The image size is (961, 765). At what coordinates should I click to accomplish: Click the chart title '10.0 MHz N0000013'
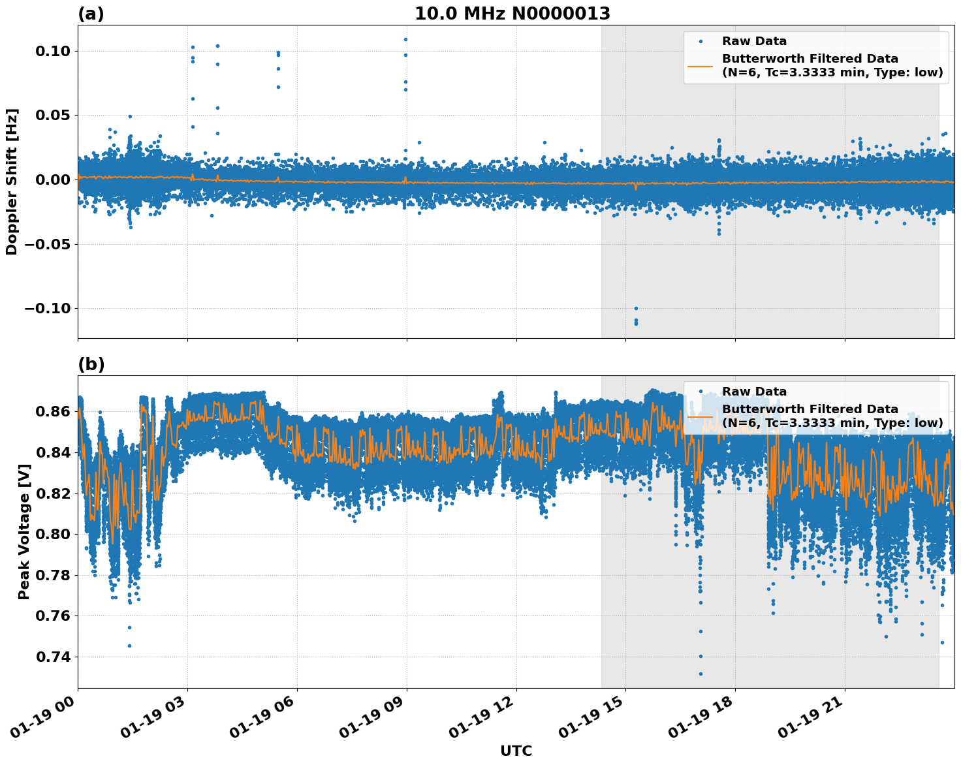coord(512,14)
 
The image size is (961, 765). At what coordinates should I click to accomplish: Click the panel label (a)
coord(91,14)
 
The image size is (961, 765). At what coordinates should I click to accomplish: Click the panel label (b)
coord(91,364)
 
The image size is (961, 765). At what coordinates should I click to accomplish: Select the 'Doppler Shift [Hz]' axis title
coord(12,181)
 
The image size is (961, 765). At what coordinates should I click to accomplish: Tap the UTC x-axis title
coord(516,751)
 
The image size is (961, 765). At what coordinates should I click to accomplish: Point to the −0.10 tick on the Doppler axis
coord(50,308)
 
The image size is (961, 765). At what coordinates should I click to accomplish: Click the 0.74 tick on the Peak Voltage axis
coord(55,657)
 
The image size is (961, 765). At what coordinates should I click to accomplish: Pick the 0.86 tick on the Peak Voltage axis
coord(55,411)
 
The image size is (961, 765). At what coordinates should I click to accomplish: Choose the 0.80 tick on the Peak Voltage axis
coord(55,534)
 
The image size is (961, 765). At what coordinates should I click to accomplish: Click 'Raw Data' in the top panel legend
coord(754,41)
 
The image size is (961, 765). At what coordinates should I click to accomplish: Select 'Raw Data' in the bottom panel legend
coord(754,392)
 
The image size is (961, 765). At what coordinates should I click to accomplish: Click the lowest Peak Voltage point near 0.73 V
coord(701,674)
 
